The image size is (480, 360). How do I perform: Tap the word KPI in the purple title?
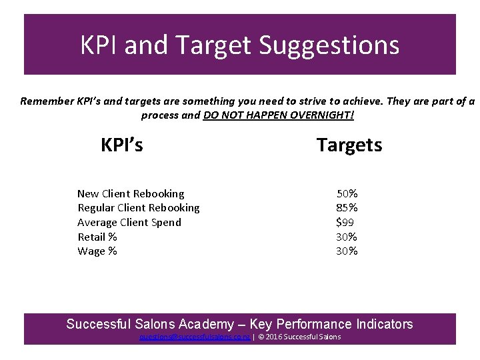click(x=99, y=45)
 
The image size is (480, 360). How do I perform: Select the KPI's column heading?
click(x=121, y=145)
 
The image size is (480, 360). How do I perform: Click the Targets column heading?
click(x=349, y=145)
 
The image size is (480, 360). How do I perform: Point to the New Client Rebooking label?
click(x=131, y=193)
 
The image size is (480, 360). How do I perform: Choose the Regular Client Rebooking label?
click(x=139, y=208)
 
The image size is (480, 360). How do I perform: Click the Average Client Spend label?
click(x=129, y=222)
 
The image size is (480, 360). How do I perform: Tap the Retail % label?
click(x=97, y=237)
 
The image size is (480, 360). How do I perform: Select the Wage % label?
click(x=97, y=251)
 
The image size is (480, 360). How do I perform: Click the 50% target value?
click(x=347, y=193)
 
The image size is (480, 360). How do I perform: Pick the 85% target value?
click(x=347, y=208)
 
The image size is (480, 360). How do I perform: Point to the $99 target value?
click(x=345, y=222)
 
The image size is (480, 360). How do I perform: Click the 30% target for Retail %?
click(x=347, y=237)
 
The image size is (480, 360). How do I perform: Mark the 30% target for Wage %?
click(x=347, y=251)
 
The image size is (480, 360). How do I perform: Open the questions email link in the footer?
click(x=195, y=337)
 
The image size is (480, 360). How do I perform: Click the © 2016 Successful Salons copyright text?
click(x=299, y=337)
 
